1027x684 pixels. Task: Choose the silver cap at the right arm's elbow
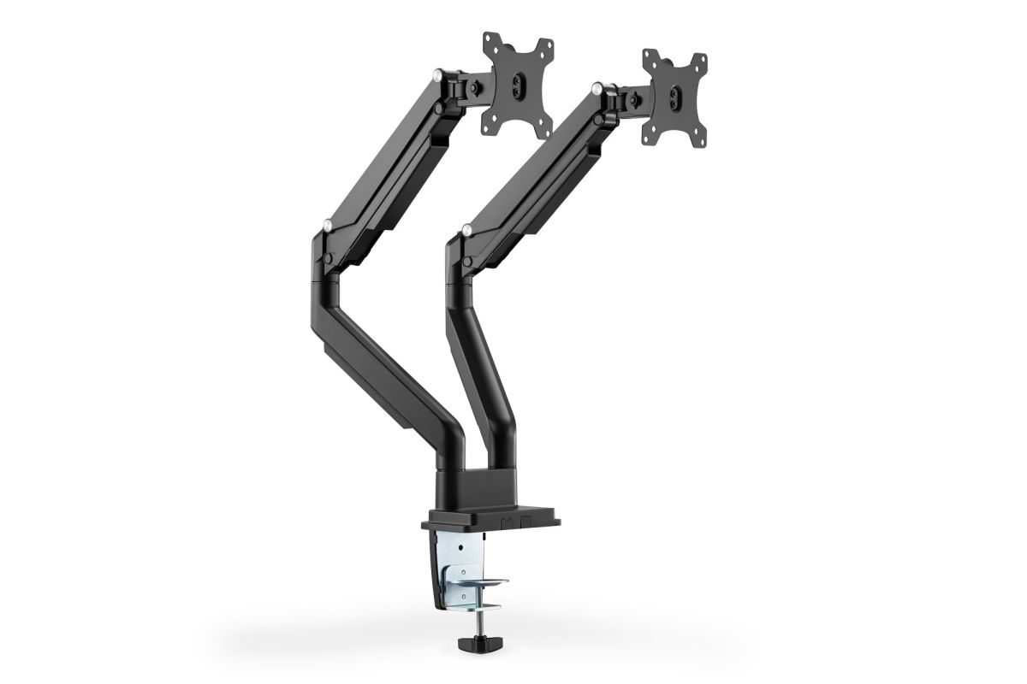(x=466, y=228)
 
